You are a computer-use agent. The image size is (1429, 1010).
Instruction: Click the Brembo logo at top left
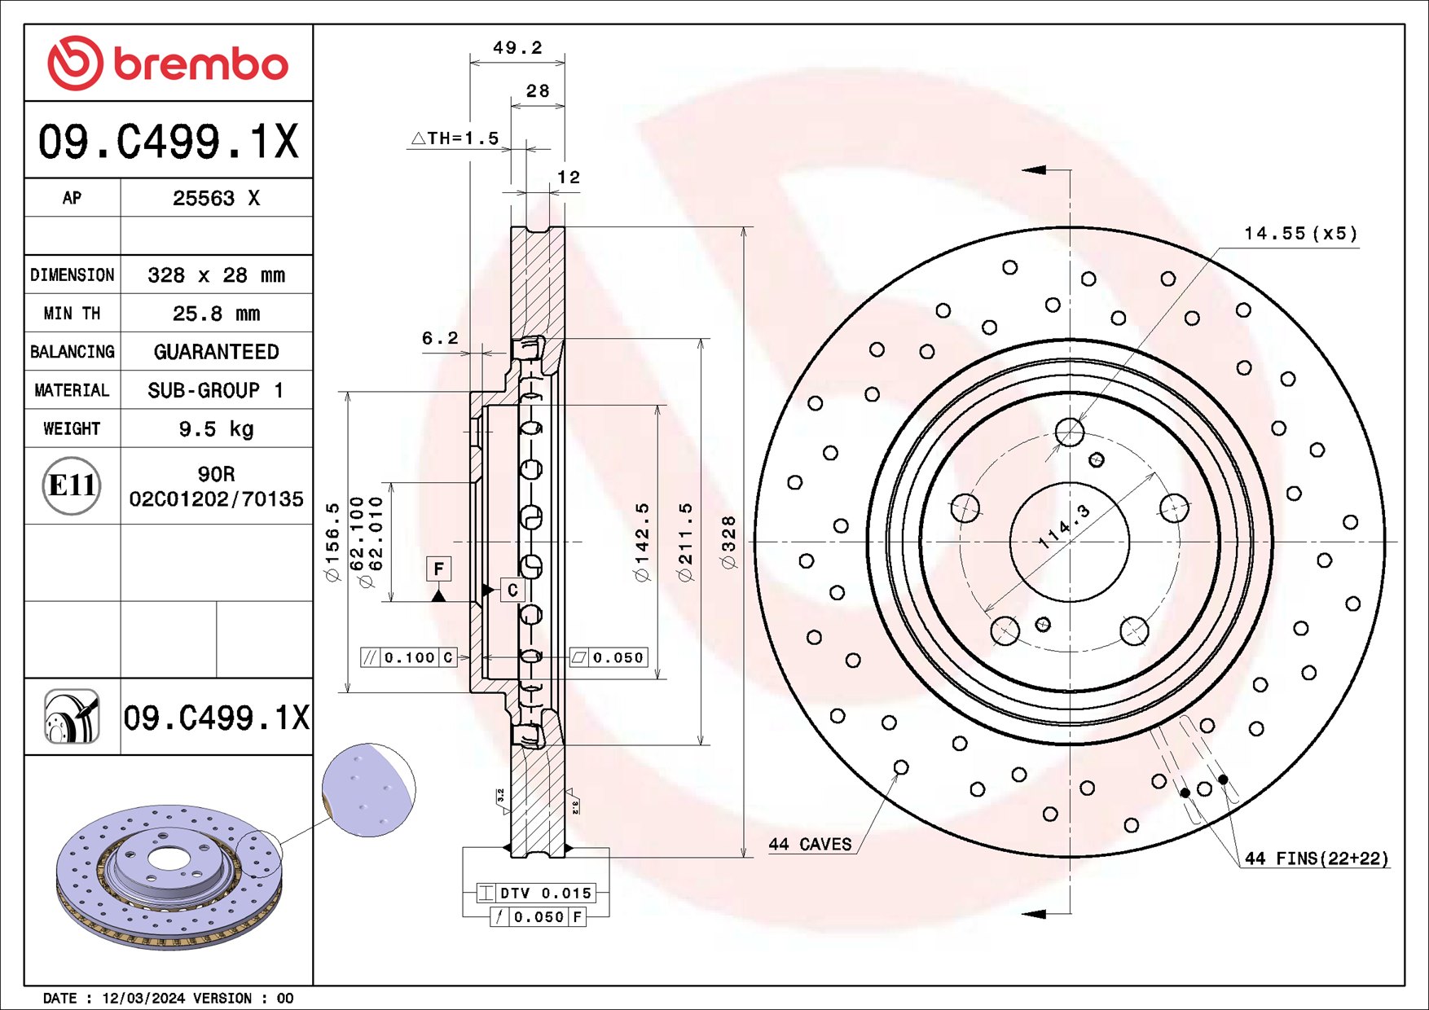pos(168,64)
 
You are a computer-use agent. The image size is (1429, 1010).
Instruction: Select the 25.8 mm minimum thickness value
pos(216,314)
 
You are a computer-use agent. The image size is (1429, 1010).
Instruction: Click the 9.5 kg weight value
pos(216,428)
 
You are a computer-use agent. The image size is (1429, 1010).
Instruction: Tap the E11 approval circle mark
pos(72,486)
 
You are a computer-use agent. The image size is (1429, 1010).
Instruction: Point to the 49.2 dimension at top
pos(517,48)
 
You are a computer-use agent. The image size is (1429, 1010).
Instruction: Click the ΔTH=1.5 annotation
pos(455,138)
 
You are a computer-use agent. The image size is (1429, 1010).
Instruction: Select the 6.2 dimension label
pos(440,338)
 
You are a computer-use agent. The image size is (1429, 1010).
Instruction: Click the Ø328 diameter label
pos(729,542)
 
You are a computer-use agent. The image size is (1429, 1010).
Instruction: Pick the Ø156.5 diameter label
pos(332,542)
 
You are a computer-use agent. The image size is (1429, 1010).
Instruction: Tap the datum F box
pos(438,569)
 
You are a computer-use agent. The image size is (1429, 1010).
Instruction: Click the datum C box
pos(512,590)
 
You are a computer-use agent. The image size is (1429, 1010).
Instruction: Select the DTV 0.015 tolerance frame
pos(536,893)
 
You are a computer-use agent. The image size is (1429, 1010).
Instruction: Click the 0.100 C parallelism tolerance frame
pos(409,657)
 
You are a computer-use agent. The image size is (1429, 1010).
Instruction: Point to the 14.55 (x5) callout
pos(1300,234)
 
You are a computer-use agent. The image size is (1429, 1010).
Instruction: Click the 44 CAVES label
pos(810,845)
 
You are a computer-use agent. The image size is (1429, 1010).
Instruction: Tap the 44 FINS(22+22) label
pos(1316,858)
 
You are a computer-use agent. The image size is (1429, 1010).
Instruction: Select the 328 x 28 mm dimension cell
pos(216,275)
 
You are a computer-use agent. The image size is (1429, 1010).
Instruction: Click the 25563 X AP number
pos(216,198)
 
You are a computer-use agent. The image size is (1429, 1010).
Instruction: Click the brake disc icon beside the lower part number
pos(72,717)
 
